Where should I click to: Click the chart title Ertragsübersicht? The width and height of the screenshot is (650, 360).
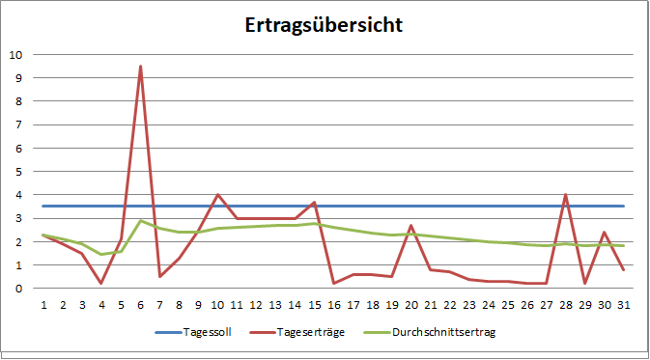pos(324,24)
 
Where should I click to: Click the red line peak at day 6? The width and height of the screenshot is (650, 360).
pos(141,67)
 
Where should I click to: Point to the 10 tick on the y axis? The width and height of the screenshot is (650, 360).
pos(14,54)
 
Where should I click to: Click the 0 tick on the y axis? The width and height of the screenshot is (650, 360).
pos(17,289)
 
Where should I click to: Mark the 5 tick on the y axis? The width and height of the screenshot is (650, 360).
pos(17,171)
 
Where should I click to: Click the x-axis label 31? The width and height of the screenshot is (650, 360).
pos(623,304)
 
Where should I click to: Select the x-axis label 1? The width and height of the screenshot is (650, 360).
pos(43,304)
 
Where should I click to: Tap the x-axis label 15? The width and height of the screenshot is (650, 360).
pos(314,304)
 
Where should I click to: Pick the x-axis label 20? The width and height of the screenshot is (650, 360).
pos(410,304)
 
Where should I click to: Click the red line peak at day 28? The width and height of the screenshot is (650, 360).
pos(565,195)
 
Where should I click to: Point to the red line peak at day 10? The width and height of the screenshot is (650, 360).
pos(217,195)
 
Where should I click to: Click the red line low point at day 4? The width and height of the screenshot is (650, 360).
pos(101,283)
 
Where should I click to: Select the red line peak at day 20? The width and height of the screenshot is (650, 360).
pos(410,226)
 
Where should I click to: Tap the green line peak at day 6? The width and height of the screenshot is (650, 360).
pos(141,221)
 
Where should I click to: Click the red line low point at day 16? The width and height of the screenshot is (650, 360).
pos(333,283)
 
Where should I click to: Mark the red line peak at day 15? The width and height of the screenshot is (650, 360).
pos(314,203)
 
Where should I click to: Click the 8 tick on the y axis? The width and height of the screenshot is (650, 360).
pos(17,101)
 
